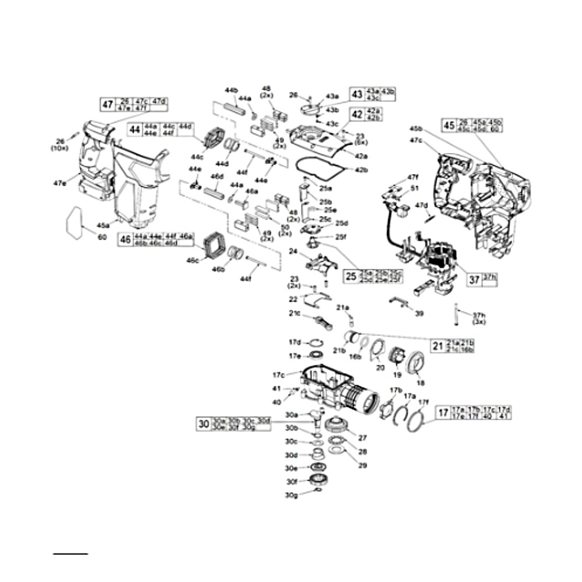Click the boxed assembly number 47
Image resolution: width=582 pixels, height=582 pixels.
tap(108, 105)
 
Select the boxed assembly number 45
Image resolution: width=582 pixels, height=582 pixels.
tap(449, 125)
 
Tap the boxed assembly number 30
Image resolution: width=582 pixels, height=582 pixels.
tap(203, 424)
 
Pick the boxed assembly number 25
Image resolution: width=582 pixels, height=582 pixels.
tap(350, 276)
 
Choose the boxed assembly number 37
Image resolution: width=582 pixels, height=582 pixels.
tap(474, 279)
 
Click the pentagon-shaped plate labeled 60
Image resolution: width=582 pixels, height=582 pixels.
tap(76, 222)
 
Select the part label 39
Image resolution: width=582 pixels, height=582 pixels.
tap(420, 313)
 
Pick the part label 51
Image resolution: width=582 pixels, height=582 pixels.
tap(414, 188)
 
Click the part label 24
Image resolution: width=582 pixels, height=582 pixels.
tap(293, 251)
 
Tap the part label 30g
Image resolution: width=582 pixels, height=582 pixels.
tap(292, 495)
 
